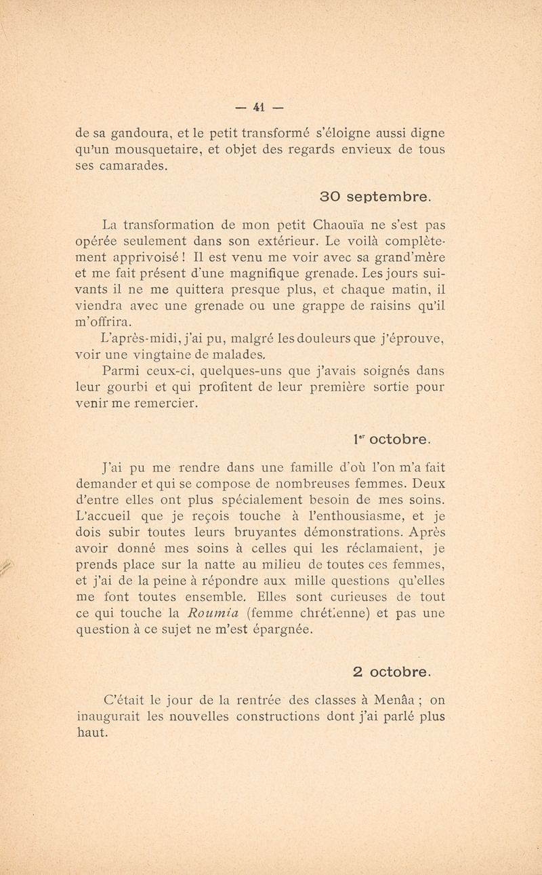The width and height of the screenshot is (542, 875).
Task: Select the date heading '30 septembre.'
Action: (375, 197)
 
